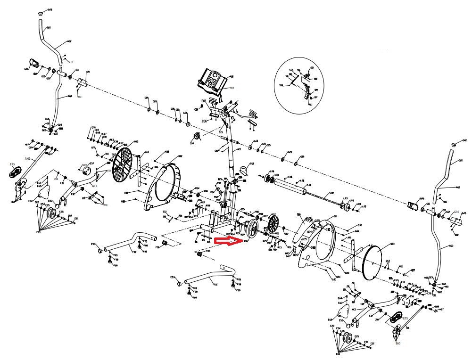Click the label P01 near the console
click(x=204, y=101)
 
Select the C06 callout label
click(x=204, y=121)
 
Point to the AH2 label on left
click(x=27, y=159)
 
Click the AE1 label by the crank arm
click(x=94, y=186)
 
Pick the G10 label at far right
click(x=456, y=212)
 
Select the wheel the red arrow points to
click(x=253, y=229)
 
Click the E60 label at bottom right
click(x=397, y=343)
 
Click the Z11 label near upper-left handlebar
click(x=71, y=62)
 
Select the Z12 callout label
click(x=79, y=97)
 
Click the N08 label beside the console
click(x=232, y=88)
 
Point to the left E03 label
click(x=38, y=232)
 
